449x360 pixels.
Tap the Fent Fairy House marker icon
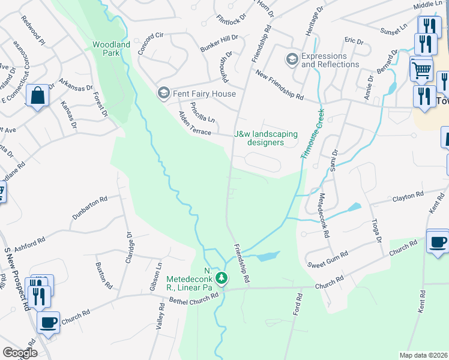pyautogui.click(x=162, y=93)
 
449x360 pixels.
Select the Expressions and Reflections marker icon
pyautogui.click(x=292, y=59)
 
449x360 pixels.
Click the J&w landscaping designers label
pyautogui.click(x=266, y=138)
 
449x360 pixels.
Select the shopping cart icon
pyautogui.click(x=421, y=69)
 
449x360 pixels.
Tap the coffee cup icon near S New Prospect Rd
pyautogui.click(x=49, y=322)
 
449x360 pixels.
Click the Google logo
pyautogui.click(x=20, y=353)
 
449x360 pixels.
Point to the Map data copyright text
pyautogui.click(x=424, y=355)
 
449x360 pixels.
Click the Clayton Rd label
pyautogui.click(x=408, y=196)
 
